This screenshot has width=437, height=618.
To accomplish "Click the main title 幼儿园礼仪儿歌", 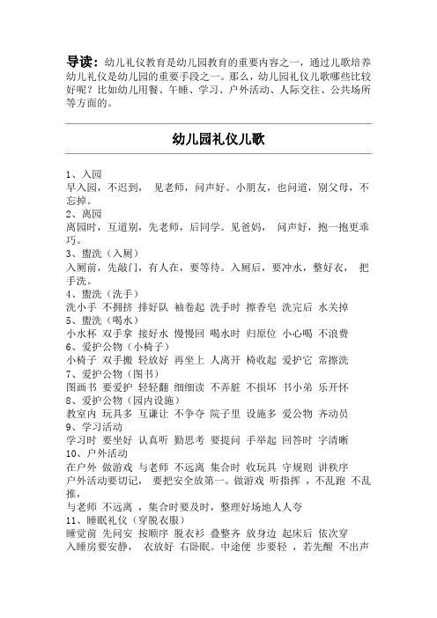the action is coord(217,139).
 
